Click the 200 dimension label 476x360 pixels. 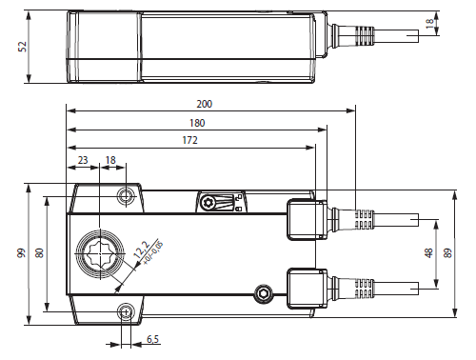205,104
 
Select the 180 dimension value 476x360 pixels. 197,123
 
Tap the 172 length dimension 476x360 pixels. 189,140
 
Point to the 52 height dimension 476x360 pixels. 23,47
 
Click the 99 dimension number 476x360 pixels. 21,253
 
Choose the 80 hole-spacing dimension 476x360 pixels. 39,253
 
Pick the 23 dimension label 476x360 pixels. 83,160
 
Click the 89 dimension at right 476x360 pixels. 447,253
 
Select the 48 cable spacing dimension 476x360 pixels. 428,253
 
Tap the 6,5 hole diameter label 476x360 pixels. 152,339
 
